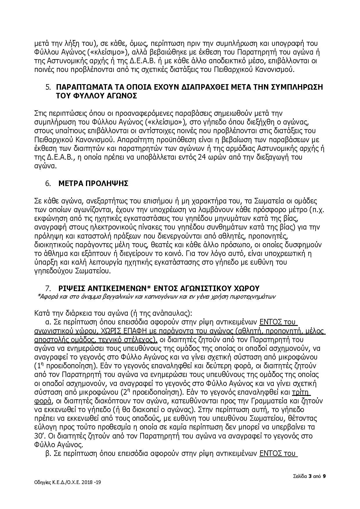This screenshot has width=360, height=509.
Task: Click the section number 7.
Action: pyautogui.click(x=48, y=288)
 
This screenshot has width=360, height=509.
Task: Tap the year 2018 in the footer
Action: pyautogui.click(x=86, y=482)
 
